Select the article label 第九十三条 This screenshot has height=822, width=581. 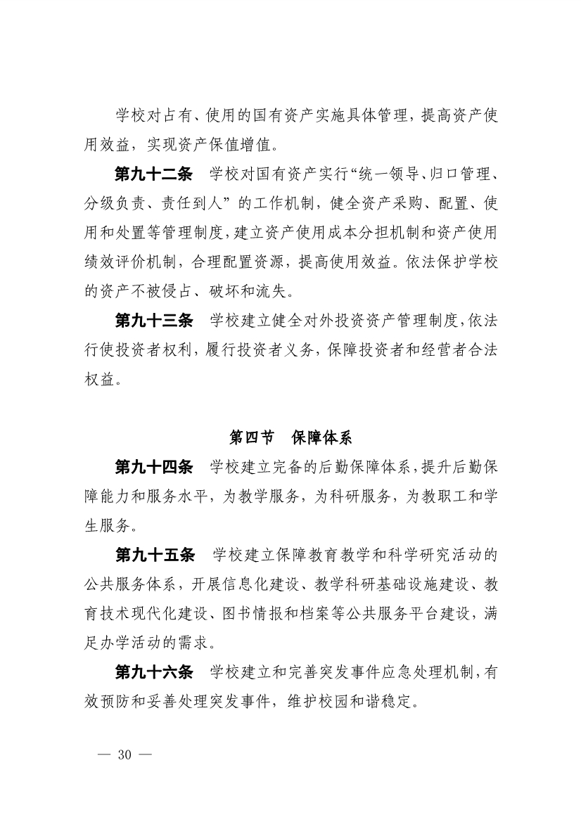click(153, 321)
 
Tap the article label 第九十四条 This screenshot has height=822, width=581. click(153, 466)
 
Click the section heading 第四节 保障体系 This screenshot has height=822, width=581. click(290, 437)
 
